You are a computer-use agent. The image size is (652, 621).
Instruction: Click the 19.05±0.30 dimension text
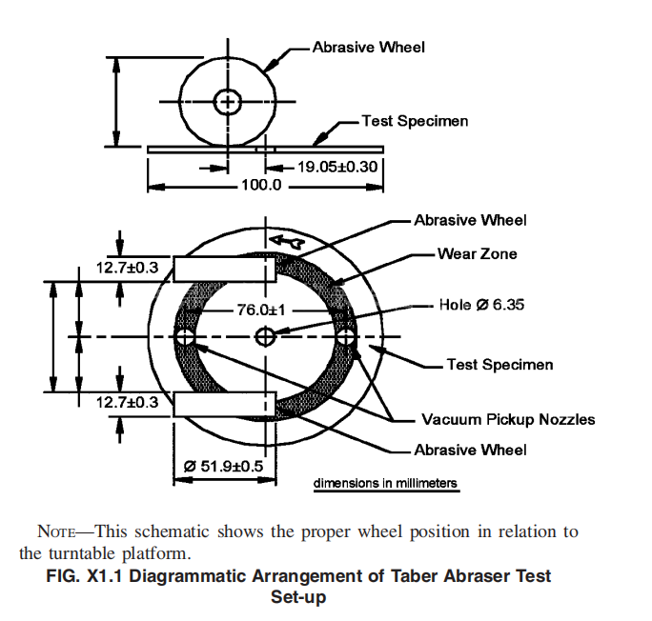pos(338,167)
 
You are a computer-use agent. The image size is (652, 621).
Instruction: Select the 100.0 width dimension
pos(260,185)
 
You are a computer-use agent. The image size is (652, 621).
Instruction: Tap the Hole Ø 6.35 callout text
pos(481,305)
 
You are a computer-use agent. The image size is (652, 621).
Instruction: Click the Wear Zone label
pos(477,253)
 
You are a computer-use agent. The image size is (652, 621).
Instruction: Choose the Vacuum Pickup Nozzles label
pos(508,419)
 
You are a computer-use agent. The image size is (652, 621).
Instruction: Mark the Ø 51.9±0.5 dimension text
pos(223,466)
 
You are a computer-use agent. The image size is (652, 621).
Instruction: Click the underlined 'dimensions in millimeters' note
pos(386,484)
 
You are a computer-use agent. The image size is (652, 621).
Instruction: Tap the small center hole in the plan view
pos(265,336)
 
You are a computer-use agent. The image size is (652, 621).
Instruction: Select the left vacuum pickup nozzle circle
pos(184,337)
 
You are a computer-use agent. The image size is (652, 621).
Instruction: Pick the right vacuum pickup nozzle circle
pos(346,337)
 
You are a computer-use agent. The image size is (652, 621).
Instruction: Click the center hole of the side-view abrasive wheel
pos(227,102)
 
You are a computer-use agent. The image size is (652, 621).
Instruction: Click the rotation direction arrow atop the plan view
pos(286,243)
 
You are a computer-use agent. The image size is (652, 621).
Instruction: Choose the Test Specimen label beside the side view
pos(415,122)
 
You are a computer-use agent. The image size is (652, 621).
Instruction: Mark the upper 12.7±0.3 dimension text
pos(127,268)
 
